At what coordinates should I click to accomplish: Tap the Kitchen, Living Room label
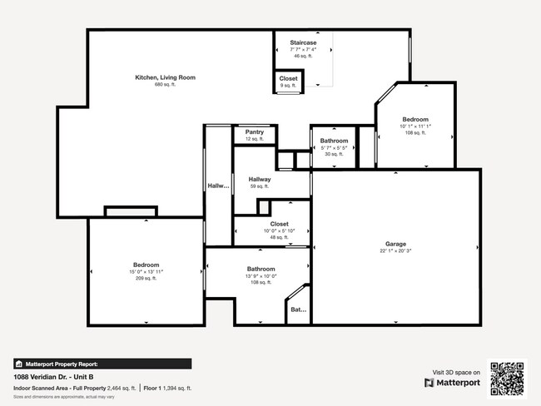coord(165,77)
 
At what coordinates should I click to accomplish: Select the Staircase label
coord(302,42)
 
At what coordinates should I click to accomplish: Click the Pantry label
coord(255,131)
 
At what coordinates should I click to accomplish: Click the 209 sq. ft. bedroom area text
coord(146,279)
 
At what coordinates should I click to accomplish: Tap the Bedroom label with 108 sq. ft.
coord(415,119)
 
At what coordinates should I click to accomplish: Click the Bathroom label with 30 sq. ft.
coord(334,141)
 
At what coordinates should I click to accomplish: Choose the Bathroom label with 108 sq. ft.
coord(261,269)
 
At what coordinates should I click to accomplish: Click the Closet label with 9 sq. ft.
coord(288,78)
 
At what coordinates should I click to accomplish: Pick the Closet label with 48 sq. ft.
coord(279,224)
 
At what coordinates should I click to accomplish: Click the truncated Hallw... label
coord(217,186)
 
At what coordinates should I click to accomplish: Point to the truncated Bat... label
coord(297,310)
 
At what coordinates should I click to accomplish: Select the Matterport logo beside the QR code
coord(453,383)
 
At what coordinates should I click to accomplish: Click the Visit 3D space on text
coord(457,372)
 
